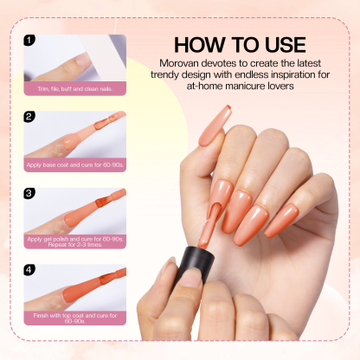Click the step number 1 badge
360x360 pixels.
pyautogui.click(x=30, y=40)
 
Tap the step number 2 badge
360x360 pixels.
pyautogui.click(x=30, y=117)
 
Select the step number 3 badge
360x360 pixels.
pyautogui.click(x=30, y=193)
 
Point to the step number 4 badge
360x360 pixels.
pyautogui.click(x=30, y=269)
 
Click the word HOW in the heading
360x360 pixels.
pyautogui.click(x=200, y=45)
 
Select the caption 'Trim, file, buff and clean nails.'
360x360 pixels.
pyautogui.click(x=75, y=87)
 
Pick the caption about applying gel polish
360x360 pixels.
pyautogui.click(x=75, y=241)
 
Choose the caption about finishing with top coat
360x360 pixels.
pyautogui.click(x=75, y=318)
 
